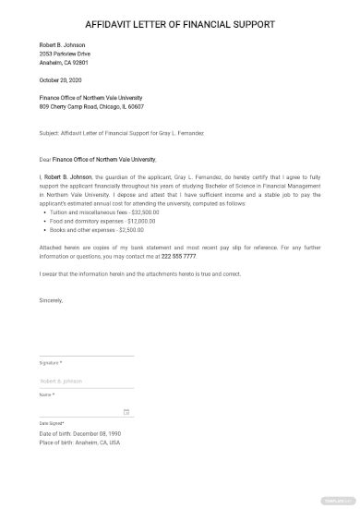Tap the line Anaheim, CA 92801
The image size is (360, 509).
pos(65,63)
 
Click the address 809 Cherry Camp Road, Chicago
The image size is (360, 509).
pos(96,107)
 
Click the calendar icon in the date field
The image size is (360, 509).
pos(126,412)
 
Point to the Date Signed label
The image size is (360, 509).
pos(51,424)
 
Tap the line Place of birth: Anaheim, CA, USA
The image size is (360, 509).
pos(80,442)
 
